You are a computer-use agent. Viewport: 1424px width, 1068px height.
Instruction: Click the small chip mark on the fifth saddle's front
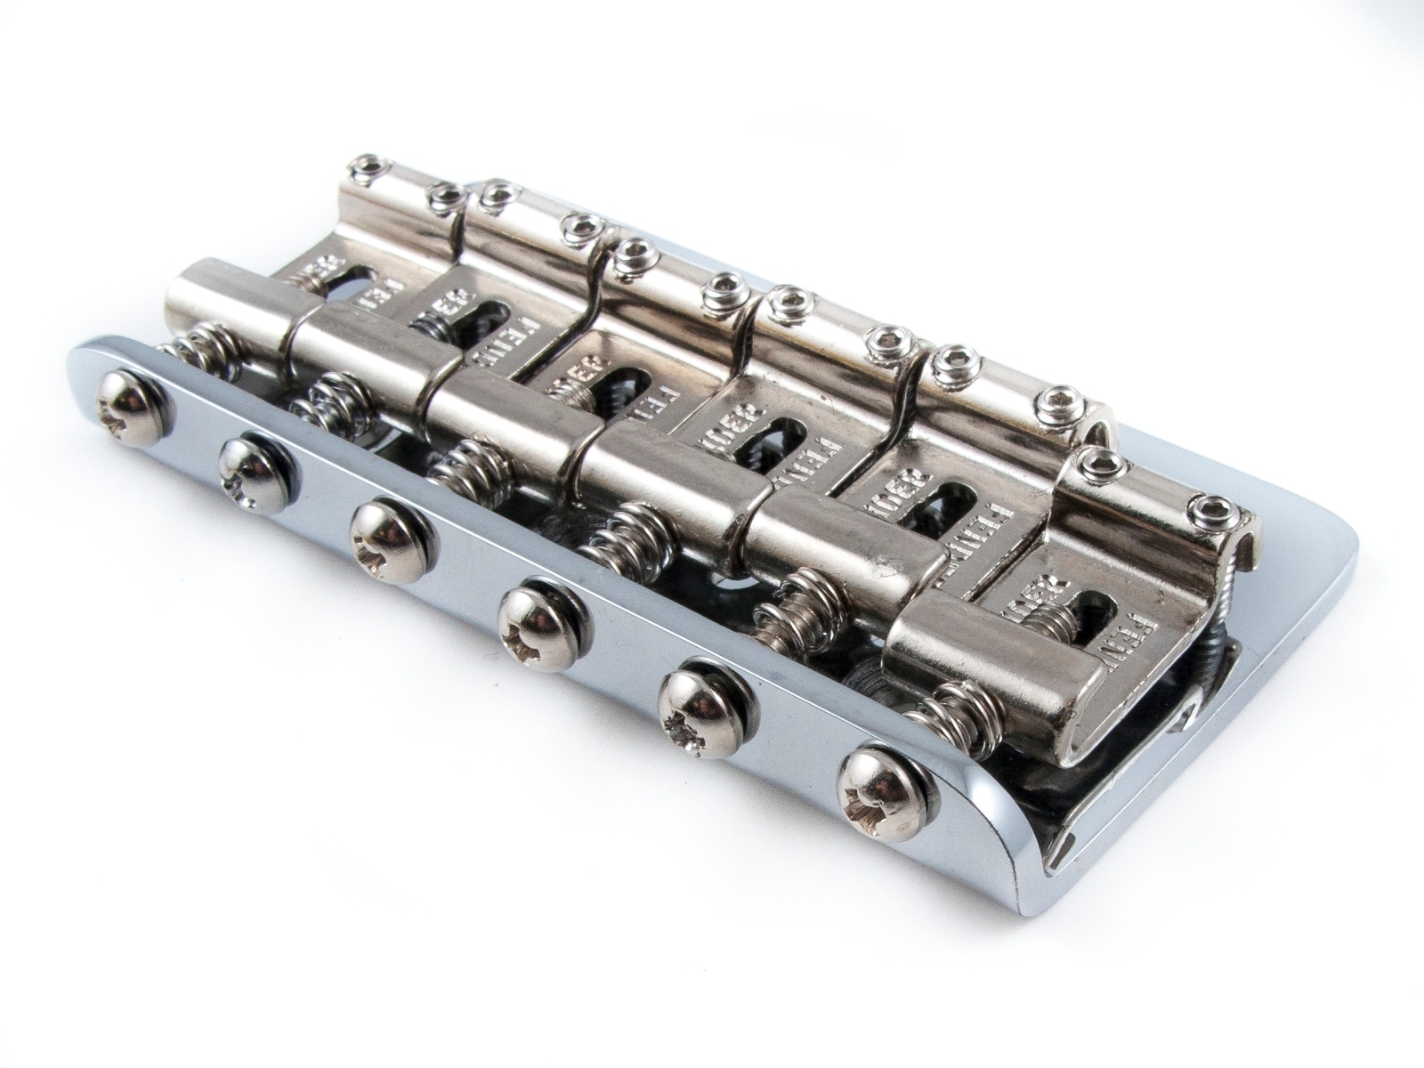[x=883, y=564]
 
